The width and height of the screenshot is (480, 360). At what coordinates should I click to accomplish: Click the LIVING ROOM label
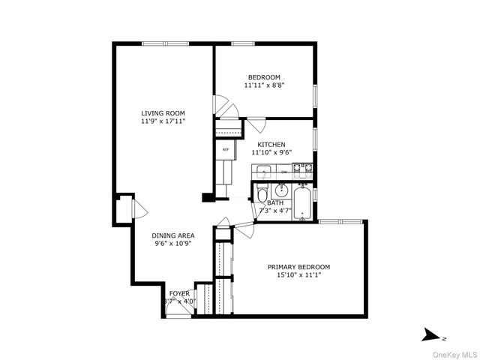[x=163, y=113]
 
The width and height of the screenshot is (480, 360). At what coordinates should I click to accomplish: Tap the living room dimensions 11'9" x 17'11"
[x=163, y=121]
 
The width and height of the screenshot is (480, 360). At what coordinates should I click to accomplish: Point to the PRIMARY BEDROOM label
[x=299, y=267]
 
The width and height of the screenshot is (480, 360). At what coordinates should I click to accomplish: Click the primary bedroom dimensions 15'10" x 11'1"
[x=299, y=275]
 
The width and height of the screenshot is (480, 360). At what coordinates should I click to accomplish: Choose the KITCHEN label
[x=271, y=144]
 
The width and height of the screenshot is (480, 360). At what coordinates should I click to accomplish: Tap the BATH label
[x=275, y=202]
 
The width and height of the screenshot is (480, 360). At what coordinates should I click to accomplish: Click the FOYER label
[x=179, y=293]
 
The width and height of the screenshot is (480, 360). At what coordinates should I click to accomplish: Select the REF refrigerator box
[x=225, y=150]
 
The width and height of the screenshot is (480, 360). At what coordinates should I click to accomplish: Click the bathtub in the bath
[x=302, y=203]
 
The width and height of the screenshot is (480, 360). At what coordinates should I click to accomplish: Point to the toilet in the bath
[x=262, y=196]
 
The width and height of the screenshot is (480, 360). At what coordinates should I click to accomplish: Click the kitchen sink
[x=262, y=172]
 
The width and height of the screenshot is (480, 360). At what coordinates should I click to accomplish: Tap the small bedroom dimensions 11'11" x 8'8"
[x=264, y=85]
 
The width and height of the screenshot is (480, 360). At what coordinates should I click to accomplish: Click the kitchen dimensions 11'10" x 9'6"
[x=271, y=152]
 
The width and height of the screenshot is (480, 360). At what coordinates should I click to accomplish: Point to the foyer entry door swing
[x=178, y=311]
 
